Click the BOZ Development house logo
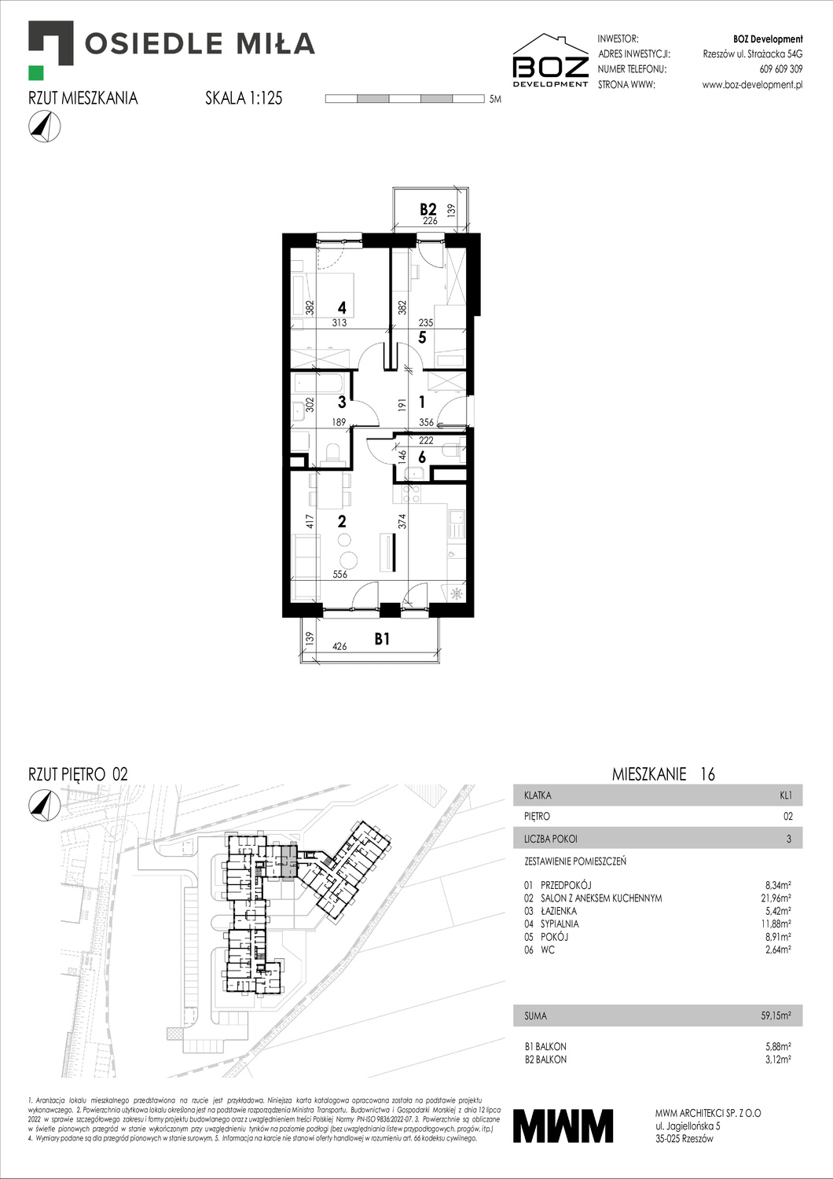tap(550, 61)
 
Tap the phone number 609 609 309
tap(780, 69)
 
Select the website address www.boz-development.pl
tap(752, 85)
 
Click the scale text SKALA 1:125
tap(244, 98)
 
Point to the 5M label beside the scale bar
tap(495, 100)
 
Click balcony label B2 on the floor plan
tap(428, 209)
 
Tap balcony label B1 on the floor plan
tap(382, 639)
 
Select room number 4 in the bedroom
tap(342, 308)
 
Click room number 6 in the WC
tap(422, 457)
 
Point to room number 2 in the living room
tap(342, 521)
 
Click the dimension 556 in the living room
tap(340, 575)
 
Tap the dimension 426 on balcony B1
tap(339, 647)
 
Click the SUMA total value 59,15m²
tap(776, 1016)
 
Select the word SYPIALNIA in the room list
tap(560, 924)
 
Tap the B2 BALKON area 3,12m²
tap(777, 1060)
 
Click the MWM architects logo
tap(563, 1126)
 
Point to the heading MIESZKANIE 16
tap(663, 774)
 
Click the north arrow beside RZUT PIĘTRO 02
tap(45, 803)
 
